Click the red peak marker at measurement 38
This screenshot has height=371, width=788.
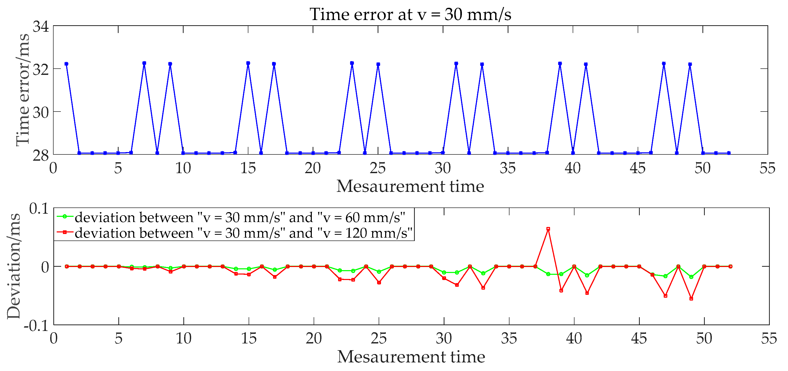(548, 229)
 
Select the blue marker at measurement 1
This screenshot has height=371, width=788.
(66, 64)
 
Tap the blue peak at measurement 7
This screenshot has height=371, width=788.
(144, 63)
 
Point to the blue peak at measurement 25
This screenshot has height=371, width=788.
(378, 64)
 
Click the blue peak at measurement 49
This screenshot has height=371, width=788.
(690, 64)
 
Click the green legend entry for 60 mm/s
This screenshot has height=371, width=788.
(240, 217)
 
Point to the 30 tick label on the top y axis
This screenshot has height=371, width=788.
(41, 113)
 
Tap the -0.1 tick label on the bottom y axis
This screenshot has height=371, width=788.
(36, 326)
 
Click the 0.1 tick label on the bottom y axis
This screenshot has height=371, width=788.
(39, 209)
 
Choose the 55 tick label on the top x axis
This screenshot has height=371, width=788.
(767, 168)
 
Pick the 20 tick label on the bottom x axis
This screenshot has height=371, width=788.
(314, 338)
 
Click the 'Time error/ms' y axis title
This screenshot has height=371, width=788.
(23, 90)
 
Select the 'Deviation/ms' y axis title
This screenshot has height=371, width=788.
(14, 266)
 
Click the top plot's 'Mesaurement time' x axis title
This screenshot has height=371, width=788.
(410, 186)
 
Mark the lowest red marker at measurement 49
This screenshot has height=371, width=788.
(691, 298)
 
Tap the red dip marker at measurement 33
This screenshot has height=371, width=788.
(483, 288)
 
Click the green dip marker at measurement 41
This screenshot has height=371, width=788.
(587, 275)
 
